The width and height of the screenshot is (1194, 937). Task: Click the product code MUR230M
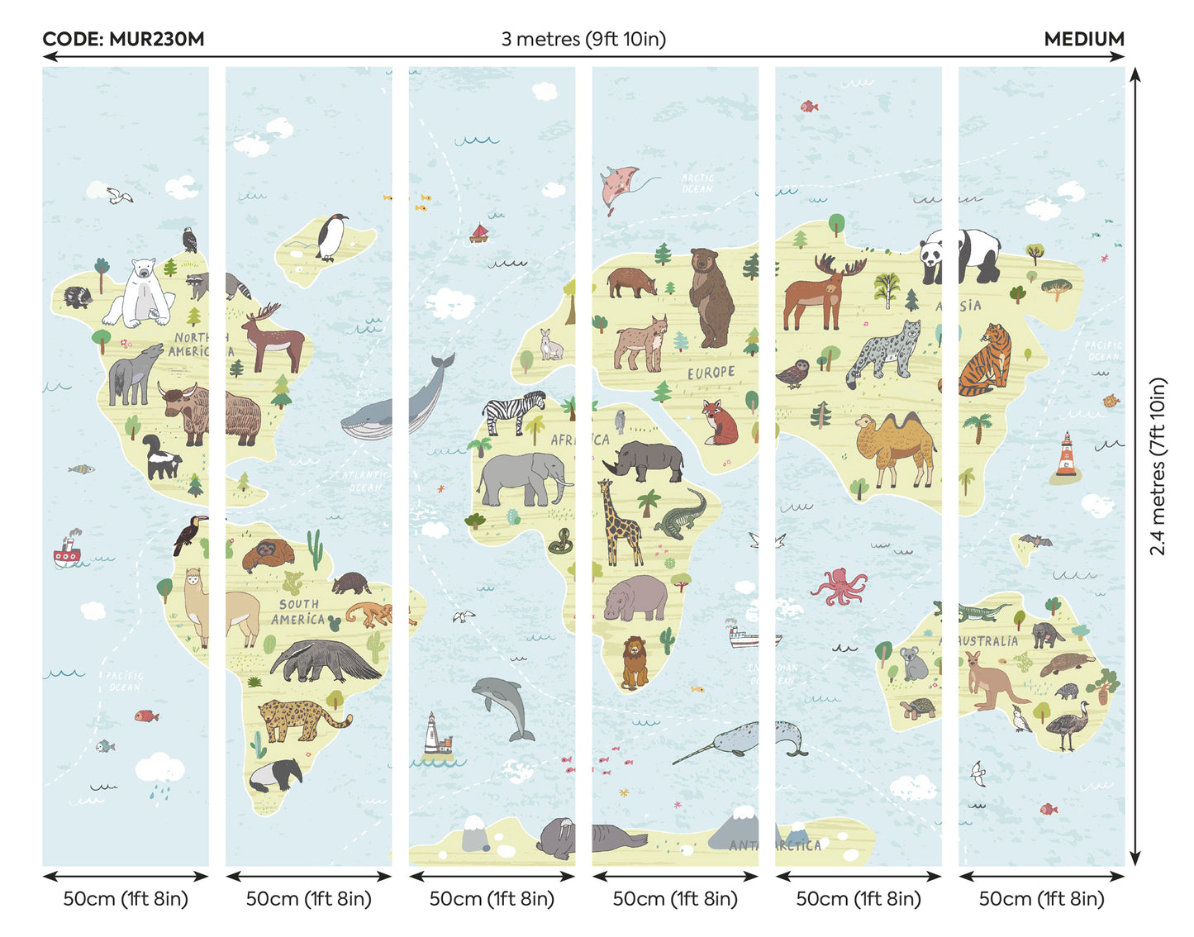pos(123,39)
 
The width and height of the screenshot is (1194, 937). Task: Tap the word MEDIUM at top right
pos(1083,39)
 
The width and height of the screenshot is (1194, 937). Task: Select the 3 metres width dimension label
pos(583,39)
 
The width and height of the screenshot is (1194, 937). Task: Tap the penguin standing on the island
pos(332,237)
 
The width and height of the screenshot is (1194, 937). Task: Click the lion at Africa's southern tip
pos(635,662)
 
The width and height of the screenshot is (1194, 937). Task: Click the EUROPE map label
pos(711,373)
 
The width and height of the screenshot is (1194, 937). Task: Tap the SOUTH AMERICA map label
pos(298,612)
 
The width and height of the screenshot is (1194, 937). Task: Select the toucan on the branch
pos(188,534)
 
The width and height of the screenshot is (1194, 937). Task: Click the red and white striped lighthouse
pos(1066,456)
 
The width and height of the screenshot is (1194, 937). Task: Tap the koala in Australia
pos(914,663)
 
